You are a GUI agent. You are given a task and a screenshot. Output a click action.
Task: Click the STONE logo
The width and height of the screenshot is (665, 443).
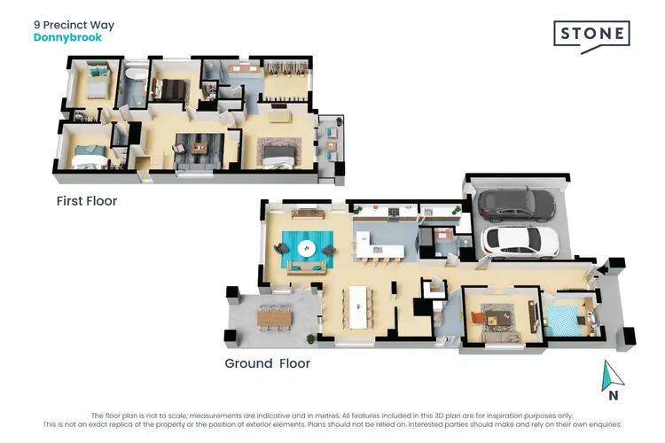[592, 35]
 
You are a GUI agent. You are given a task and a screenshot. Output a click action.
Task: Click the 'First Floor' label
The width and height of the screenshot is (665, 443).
[87, 201]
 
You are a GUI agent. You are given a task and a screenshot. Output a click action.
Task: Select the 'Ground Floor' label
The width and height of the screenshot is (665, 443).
[268, 363]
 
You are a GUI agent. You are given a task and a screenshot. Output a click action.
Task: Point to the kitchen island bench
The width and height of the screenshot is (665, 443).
[381, 240]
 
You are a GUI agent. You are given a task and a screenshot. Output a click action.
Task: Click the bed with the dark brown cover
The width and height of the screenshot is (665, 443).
[169, 88]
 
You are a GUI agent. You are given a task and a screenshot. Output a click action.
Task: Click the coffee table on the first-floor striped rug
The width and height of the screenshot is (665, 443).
[197, 147]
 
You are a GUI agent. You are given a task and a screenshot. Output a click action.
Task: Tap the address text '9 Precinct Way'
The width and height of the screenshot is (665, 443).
[74, 26]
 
